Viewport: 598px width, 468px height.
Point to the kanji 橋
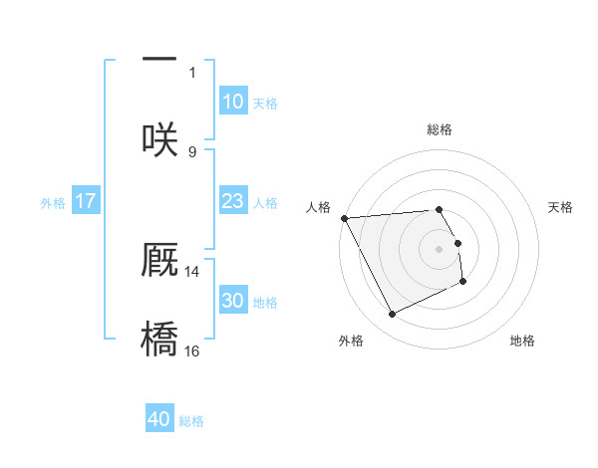159,339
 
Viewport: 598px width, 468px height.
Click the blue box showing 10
232,102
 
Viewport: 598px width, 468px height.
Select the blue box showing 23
232,201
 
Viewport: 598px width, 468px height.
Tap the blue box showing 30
232,301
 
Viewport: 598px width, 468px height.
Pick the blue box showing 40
159,419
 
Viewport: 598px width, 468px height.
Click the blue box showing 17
86,201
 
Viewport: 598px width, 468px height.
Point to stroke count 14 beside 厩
192,271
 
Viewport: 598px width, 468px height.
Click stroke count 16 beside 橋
192,351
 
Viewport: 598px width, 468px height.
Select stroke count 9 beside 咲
192,151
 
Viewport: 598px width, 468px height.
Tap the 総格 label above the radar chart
440,129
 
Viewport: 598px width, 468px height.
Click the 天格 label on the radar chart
561,207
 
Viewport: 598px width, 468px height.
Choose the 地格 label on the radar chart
522,341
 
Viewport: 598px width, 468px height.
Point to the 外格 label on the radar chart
351,341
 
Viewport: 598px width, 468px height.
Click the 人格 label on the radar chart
317,207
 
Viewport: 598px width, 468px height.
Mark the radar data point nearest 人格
344,218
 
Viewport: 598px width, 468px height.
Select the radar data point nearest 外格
392,315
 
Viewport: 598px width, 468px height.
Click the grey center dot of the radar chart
440,248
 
